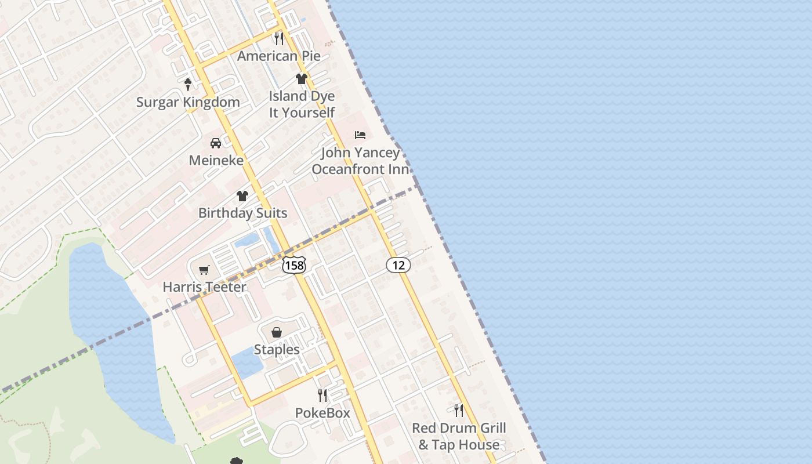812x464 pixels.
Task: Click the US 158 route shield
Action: pyautogui.click(x=294, y=264)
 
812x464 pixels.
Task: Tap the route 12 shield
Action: pyautogui.click(x=398, y=265)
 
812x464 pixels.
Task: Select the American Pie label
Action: pyautogui.click(x=279, y=56)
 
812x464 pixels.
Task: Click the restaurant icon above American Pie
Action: pyautogui.click(x=279, y=39)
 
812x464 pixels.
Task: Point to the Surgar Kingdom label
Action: pyautogui.click(x=188, y=102)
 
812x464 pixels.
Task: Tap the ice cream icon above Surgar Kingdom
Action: pyautogui.click(x=188, y=85)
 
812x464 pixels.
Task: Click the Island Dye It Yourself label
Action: pyautogui.click(x=302, y=104)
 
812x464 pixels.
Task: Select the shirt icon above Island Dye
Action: pyautogui.click(x=302, y=78)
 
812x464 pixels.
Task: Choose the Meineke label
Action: pyautogui.click(x=216, y=160)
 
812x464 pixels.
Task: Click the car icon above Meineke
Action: pyautogui.click(x=216, y=143)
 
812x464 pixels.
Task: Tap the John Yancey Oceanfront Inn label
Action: pyautogui.click(x=360, y=161)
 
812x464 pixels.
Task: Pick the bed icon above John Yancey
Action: pyautogui.click(x=360, y=135)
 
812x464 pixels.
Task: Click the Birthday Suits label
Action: pyautogui.click(x=242, y=213)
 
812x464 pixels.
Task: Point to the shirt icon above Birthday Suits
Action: pyautogui.click(x=242, y=196)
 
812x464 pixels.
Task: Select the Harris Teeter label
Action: pyautogui.click(x=204, y=287)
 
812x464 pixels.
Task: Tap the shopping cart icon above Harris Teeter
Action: pyautogui.click(x=204, y=270)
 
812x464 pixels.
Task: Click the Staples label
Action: pyautogui.click(x=277, y=349)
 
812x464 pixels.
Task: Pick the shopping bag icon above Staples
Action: pyautogui.click(x=277, y=332)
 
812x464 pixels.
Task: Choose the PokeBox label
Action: pyautogui.click(x=322, y=413)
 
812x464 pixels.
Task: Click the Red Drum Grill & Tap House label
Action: pyautogui.click(x=459, y=436)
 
